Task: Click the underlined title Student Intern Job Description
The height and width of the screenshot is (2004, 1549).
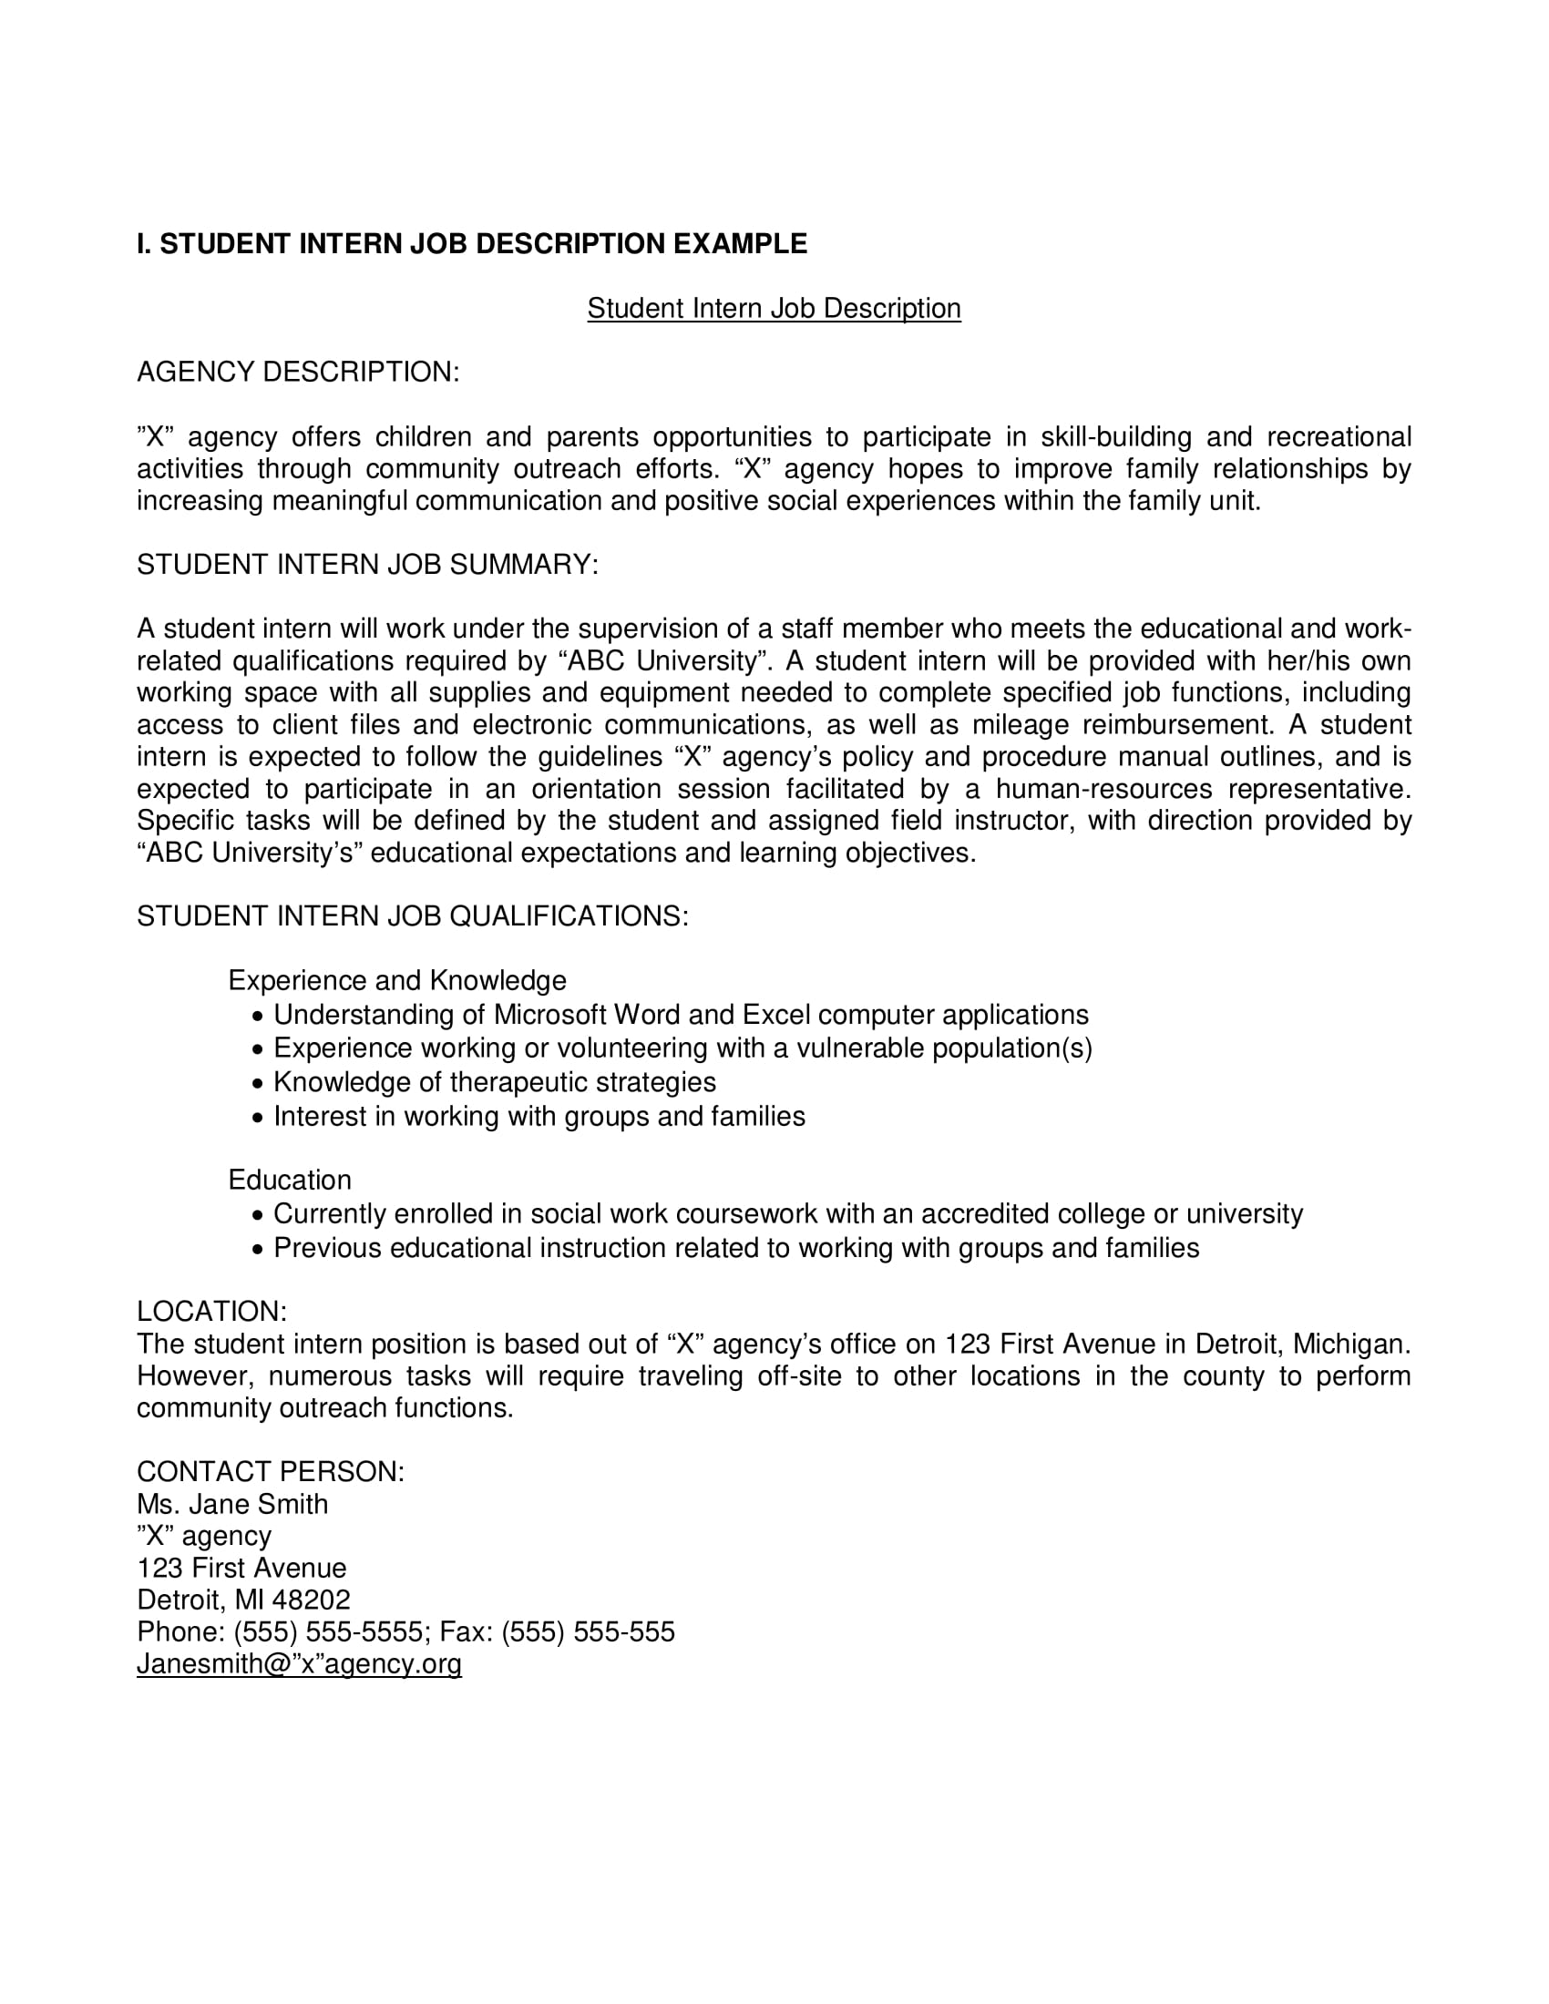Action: [x=774, y=308]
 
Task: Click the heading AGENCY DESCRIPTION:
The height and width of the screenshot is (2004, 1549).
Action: [x=297, y=373]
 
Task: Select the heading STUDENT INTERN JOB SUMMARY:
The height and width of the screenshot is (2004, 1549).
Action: [x=367, y=565]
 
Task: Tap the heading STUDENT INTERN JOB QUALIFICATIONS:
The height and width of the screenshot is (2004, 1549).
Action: [x=412, y=915]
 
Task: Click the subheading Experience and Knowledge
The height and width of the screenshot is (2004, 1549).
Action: [x=396, y=981]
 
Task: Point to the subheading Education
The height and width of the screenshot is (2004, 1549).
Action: [x=289, y=1180]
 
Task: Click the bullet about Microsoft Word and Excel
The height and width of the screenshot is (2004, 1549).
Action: [x=680, y=1015]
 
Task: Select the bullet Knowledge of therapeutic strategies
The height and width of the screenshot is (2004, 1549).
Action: [x=494, y=1083]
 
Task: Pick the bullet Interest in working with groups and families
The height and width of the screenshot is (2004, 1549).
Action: [x=539, y=1117]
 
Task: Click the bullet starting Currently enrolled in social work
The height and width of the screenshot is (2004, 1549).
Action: [x=787, y=1214]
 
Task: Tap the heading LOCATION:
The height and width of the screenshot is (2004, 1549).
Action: [x=211, y=1311]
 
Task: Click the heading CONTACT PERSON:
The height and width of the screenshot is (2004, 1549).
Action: [x=270, y=1472]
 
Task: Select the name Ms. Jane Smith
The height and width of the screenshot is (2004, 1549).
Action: [x=232, y=1504]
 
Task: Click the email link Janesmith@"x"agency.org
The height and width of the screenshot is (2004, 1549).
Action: [x=298, y=1663]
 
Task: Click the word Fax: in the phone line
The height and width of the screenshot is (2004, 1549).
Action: [x=466, y=1631]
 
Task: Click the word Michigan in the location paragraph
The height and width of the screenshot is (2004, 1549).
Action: [x=1349, y=1345]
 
